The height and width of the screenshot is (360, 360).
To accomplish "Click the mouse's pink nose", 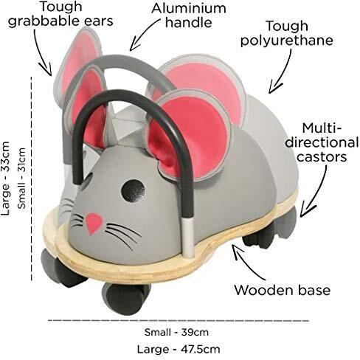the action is point(93,223).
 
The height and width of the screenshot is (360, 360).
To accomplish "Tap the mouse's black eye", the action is point(133,192).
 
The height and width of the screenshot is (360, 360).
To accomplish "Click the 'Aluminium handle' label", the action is point(189,15).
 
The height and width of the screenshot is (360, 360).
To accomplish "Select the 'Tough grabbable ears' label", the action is point(60,14).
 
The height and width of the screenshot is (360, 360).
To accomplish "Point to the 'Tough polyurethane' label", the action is point(286,33).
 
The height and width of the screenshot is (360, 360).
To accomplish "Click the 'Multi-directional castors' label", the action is point(322,142).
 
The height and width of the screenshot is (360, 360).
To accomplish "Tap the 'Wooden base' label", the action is point(283,290).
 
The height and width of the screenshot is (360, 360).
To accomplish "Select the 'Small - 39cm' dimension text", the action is point(176,332).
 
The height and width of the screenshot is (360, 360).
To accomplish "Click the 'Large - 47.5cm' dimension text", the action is point(179,349).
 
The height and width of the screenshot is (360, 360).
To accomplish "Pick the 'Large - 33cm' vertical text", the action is point(5,179).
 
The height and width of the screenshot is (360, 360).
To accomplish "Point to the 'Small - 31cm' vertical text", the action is point(21,179).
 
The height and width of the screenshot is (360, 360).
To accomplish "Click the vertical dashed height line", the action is point(32,179).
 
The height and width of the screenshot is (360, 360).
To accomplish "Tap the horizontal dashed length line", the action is point(179,320).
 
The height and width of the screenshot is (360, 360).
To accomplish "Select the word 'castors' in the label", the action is point(322,157).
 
